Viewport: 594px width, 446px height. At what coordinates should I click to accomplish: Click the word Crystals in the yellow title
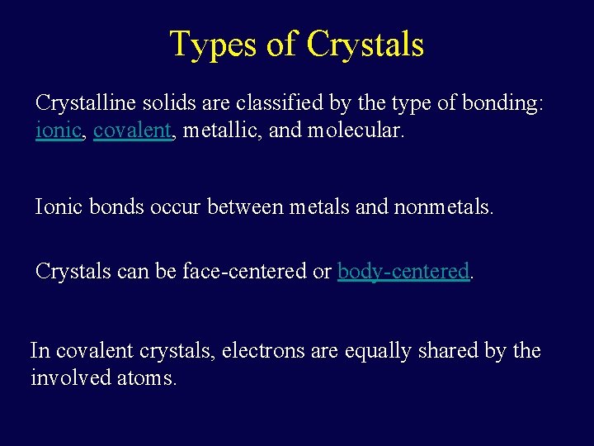pyautogui.click(x=365, y=44)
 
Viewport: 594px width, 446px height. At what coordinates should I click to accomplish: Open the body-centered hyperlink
pyautogui.click(x=403, y=271)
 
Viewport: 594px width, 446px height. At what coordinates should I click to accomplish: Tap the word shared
pyautogui.click(x=460, y=351)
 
